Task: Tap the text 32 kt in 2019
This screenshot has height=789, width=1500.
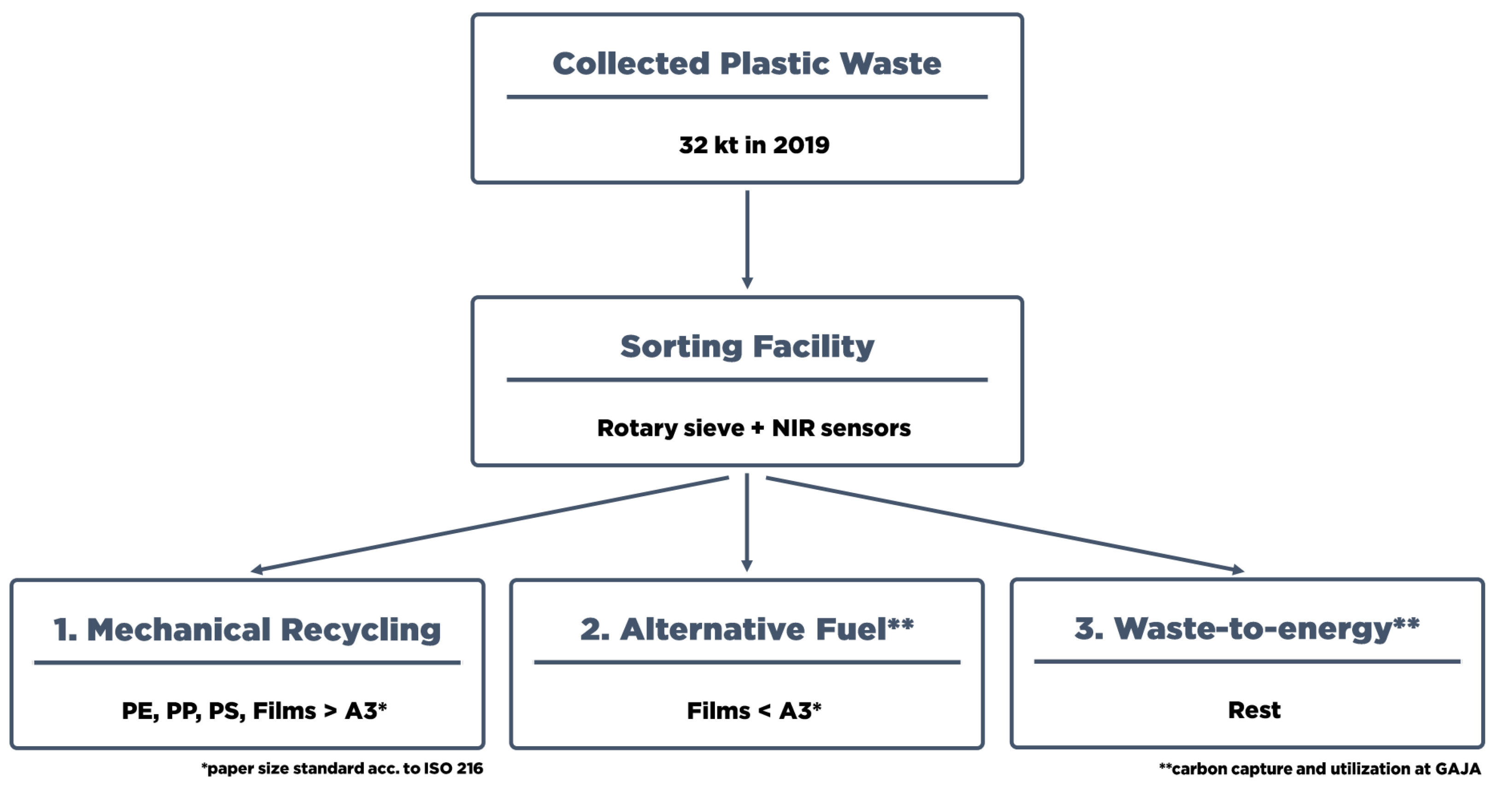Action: [x=754, y=145]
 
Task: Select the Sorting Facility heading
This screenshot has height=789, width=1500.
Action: [x=747, y=346]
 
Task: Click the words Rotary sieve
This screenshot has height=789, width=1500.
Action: [x=670, y=428]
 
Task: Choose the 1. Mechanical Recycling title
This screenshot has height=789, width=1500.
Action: [x=247, y=630]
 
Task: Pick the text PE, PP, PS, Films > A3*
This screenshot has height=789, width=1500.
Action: [x=254, y=710]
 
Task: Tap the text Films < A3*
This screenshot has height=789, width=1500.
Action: [x=754, y=710]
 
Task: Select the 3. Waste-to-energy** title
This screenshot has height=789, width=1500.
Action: [x=1247, y=628]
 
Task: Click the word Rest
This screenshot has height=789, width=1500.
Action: [x=1254, y=710]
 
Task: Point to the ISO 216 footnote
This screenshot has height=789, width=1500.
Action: [x=342, y=769]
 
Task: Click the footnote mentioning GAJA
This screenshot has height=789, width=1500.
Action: [x=1319, y=769]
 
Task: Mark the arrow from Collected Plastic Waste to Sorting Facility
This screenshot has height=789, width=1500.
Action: [x=747, y=238]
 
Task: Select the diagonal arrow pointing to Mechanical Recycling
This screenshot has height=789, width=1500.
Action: [x=489, y=524]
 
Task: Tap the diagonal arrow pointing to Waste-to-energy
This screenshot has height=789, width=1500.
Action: [x=1004, y=524]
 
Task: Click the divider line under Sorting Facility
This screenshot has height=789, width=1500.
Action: [x=747, y=380]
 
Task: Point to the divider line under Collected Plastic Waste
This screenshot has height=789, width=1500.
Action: [x=747, y=97]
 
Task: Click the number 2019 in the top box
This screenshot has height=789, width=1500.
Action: [x=801, y=145]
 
